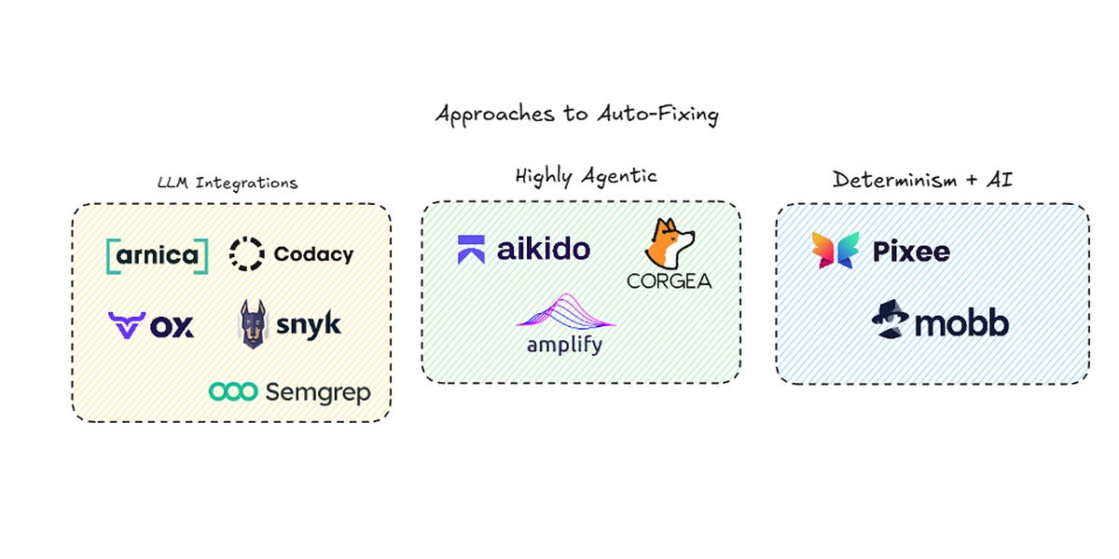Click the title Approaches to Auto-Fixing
(577, 115)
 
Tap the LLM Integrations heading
(228, 183)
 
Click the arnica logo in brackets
(158, 254)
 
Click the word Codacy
(313, 254)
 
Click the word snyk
(309, 325)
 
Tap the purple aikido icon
(471, 250)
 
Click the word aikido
(544, 249)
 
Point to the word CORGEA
(669, 279)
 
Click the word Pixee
(911, 252)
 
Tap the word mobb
(961, 323)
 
